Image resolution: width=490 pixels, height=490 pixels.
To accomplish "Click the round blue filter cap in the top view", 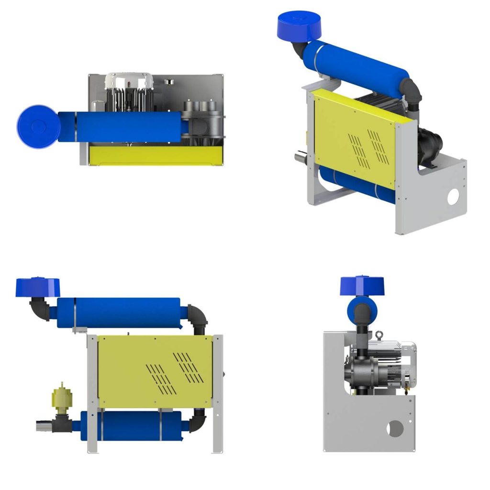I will [x=38, y=126].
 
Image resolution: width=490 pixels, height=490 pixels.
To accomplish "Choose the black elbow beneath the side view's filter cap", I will [x=39, y=307].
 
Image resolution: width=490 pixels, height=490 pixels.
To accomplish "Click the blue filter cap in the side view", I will [x=38, y=286].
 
